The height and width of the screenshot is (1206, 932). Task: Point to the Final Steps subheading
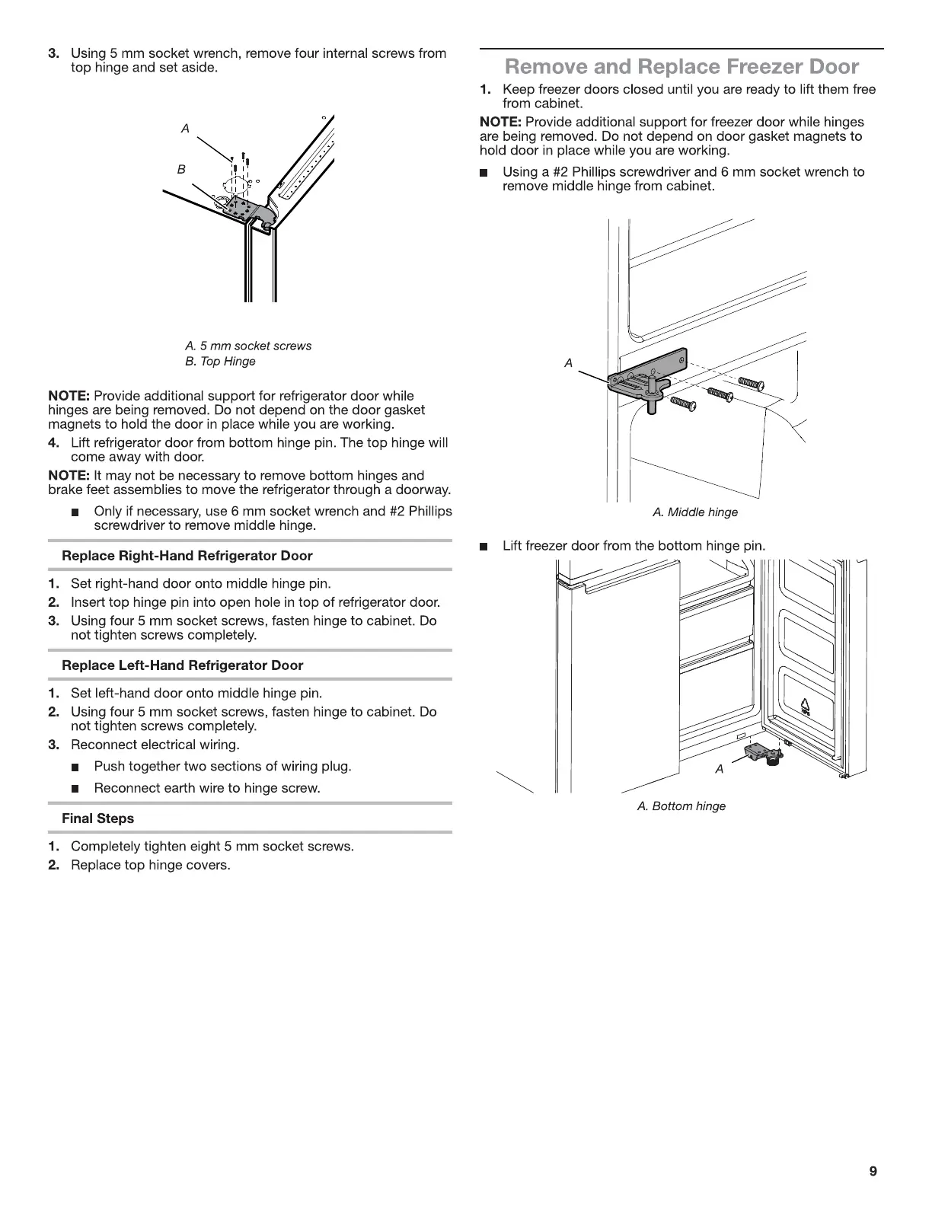coord(97,818)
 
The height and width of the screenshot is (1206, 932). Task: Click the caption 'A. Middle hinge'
coord(695,512)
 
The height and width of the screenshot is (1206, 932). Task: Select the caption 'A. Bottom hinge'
coord(681,806)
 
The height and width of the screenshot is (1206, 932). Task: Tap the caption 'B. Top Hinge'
coord(220,362)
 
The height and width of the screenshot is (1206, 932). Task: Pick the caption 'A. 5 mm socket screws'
coord(248,346)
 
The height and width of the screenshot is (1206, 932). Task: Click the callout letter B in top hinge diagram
coord(181,169)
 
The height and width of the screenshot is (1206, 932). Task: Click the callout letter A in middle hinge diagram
coord(568,364)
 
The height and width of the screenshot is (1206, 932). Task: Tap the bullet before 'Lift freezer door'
coord(483,547)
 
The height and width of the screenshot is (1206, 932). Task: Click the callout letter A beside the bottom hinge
coord(720,769)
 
